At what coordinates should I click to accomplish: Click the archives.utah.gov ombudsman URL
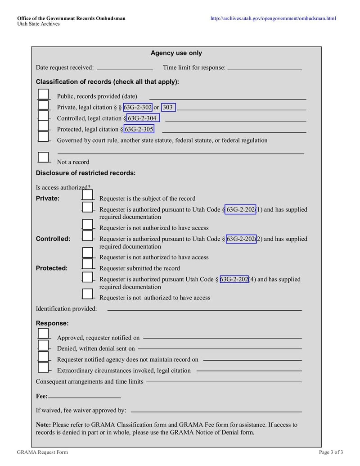[x=273, y=18]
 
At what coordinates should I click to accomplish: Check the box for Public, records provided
[x=43, y=95]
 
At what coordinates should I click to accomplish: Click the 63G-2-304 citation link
[x=143, y=118]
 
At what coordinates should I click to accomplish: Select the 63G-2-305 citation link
[x=139, y=129]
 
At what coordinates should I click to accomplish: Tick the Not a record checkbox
[x=43, y=158]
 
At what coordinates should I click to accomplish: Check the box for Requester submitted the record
[x=88, y=264]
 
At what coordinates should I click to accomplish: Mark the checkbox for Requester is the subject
[x=88, y=195]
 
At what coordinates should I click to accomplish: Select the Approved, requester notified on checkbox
[x=43, y=334]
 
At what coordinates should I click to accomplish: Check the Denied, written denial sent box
[x=43, y=345]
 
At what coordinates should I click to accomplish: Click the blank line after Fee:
[x=85, y=397]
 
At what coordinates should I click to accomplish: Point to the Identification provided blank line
[x=204, y=309]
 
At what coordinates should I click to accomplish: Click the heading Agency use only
[x=176, y=53]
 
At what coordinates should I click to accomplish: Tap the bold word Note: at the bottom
[x=43, y=425]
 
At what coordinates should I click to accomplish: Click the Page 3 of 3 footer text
[x=331, y=452]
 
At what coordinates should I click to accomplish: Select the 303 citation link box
[x=168, y=107]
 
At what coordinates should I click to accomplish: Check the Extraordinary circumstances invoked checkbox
[x=43, y=367]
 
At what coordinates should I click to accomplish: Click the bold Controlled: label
[x=53, y=239]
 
